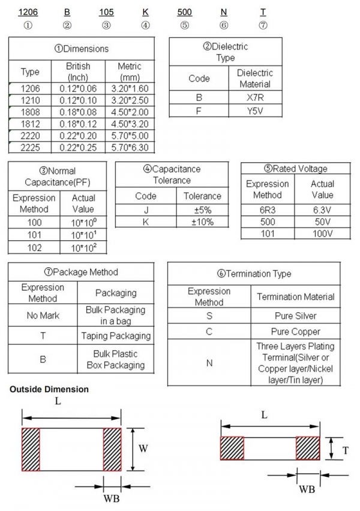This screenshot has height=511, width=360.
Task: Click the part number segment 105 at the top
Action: click(x=106, y=12)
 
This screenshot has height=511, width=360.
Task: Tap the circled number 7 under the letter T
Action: click(x=263, y=25)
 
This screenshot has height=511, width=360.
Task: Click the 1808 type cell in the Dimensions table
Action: click(x=30, y=112)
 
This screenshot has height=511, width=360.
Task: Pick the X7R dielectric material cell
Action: click(x=255, y=97)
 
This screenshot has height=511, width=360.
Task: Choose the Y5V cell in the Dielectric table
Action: click(x=255, y=110)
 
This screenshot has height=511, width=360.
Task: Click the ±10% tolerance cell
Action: click(x=202, y=222)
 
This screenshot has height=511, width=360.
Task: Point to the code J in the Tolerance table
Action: click(x=145, y=210)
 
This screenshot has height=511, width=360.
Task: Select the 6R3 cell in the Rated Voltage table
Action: click(x=267, y=210)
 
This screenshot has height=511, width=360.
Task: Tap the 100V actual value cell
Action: click(x=322, y=233)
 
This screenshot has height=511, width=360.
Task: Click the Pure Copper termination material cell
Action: click(x=295, y=331)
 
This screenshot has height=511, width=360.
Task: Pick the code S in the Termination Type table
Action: click(x=209, y=315)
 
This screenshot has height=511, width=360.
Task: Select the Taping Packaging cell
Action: click(x=116, y=336)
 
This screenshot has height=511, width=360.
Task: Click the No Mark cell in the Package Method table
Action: click(x=43, y=315)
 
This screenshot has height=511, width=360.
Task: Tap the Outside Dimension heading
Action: click(x=49, y=390)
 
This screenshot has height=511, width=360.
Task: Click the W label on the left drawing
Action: click(x=144, y=448)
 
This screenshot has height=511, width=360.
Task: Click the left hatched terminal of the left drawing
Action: click(x=31, y=449)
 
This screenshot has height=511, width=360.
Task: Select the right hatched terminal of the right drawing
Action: click(x=307, y=448)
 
